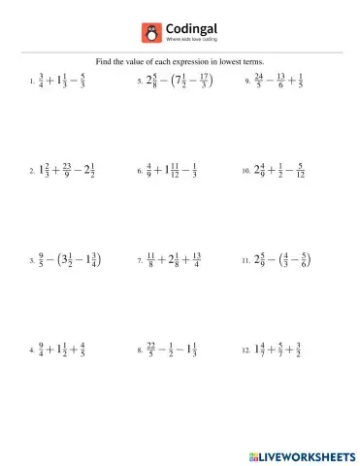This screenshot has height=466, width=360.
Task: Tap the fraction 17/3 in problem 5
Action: coord(202,83)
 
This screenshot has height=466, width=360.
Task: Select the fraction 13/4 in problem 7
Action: coord(197,260)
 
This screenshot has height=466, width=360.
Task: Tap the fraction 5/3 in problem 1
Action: coord(84,83)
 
